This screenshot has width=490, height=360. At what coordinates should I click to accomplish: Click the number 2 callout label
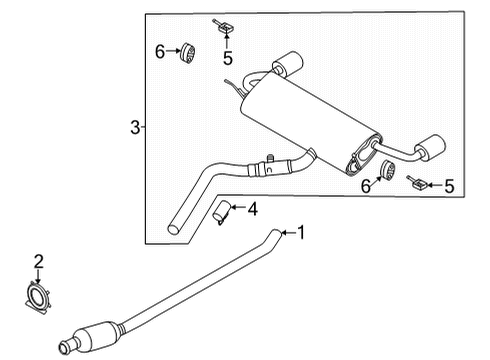38,262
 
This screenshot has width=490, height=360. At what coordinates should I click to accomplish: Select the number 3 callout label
135,127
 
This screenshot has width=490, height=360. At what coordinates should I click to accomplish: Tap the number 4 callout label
253,209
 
